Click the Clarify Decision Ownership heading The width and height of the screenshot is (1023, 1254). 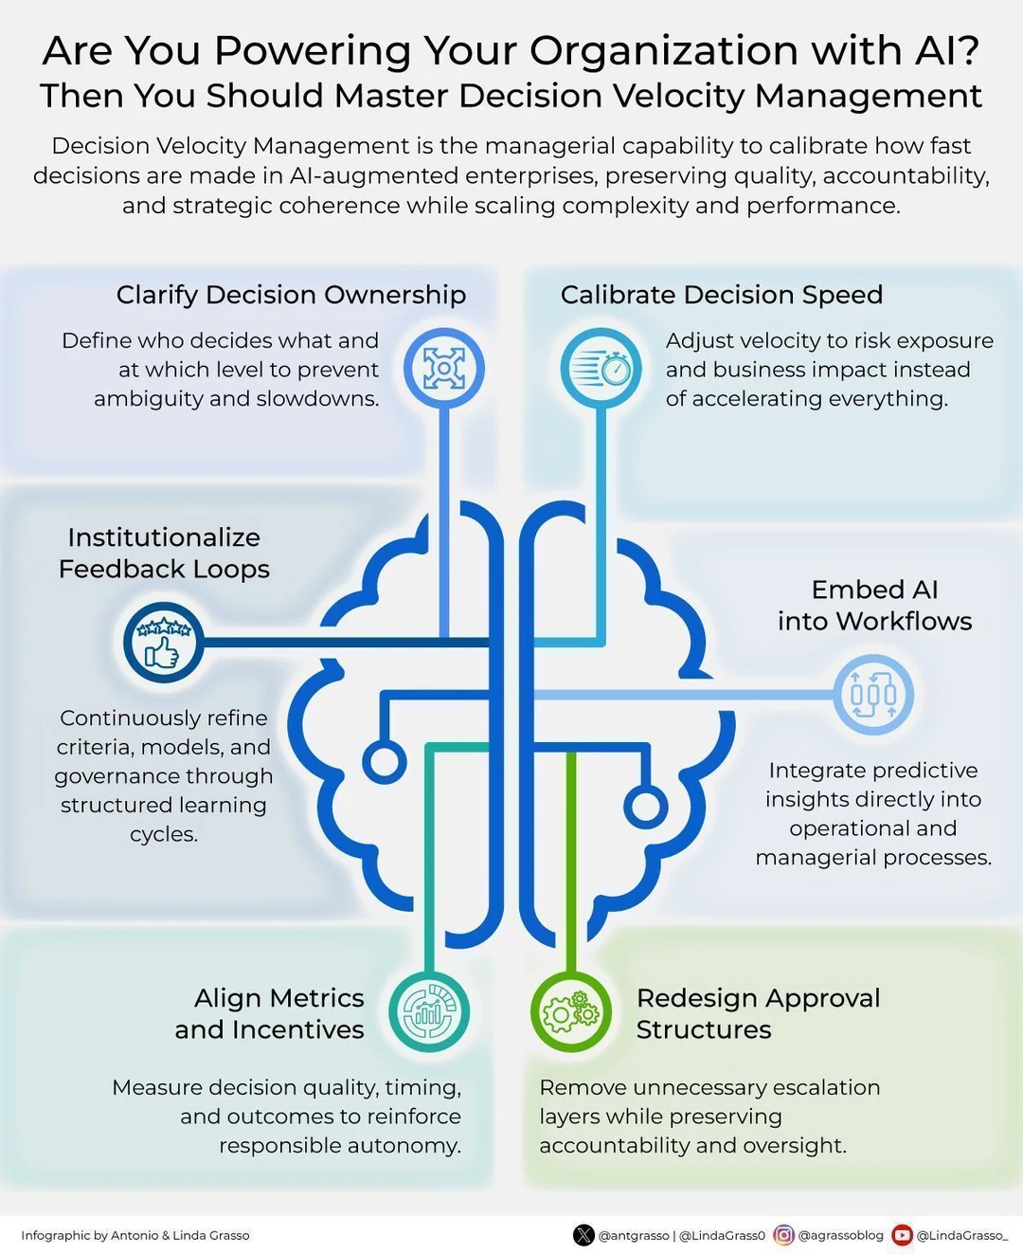(291, 296)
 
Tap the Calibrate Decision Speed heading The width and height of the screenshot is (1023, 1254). (722, 295)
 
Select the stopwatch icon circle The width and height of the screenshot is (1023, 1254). (601, 368)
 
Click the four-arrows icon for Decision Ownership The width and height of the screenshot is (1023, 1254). (444, 368)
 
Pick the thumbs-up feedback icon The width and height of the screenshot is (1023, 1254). (163, 642)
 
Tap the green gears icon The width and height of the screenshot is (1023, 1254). (571, 1012)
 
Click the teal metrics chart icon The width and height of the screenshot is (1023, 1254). (429, 1012)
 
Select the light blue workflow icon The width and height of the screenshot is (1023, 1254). (872, 695)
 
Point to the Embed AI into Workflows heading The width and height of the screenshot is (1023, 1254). (874, 606)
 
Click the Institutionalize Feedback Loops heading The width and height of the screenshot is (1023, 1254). (164, 553)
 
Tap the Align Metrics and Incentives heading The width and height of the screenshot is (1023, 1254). (269, 1014)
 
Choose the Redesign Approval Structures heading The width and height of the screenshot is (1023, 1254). (758, 1014)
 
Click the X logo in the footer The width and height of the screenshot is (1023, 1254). (584, 1235)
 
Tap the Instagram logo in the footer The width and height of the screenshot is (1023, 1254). (783, 1235)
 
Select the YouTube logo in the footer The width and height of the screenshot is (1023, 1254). (902, 1235)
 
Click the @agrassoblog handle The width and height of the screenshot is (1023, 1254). (840, 1236)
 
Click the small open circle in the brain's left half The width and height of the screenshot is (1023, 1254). (385, 762)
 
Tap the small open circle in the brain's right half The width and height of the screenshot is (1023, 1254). (646, 807)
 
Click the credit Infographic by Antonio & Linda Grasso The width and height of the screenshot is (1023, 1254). (135, 1236)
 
